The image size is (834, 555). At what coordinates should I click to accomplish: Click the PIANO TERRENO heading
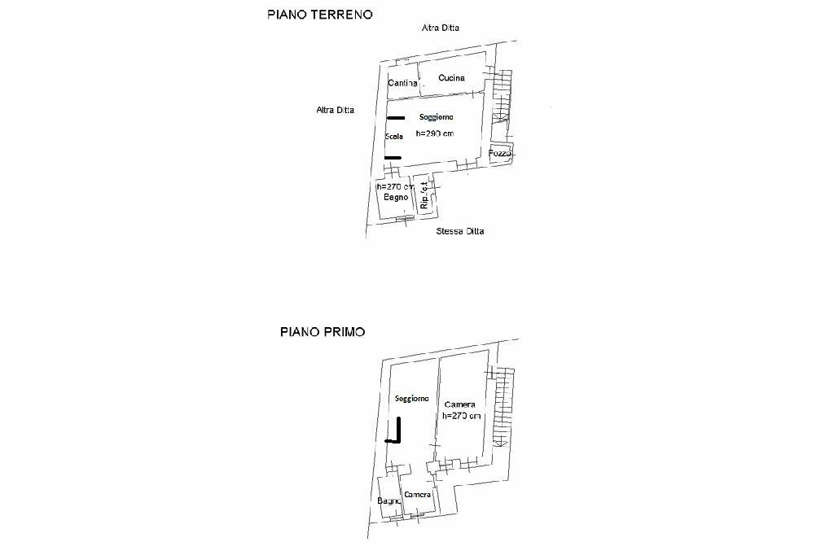pyautogui.click(x=320, y=15)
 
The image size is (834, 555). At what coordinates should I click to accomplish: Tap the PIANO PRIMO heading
pyautogui.click(x=323, y=332)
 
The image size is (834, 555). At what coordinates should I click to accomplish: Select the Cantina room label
pyautogui.click(x=403, y=83)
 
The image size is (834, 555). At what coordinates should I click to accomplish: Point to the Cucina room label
pyautogui.click(x=451, y=78)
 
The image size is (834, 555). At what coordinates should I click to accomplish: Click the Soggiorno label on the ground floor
pyautogui.click(x=437, y=117)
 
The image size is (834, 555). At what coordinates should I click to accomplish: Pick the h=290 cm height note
pyautogui.click(x=435, y=133)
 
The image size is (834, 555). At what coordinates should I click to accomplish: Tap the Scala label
pyautogui.click(x=394, y=137)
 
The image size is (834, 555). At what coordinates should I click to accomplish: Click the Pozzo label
pyautogui.click(x=500, y=154)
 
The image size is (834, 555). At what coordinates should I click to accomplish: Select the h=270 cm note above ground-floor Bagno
pyautogui.click(x=395, y=186)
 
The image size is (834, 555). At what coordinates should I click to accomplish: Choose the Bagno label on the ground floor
pyautogui.click(x=395, y=198)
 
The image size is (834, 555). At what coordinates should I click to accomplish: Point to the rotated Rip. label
pyautogui.click(x=425, y=198)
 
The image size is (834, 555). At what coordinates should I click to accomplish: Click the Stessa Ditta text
pyautogui.click(x=460, y=231)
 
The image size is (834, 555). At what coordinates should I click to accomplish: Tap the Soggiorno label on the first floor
pyautogui.click(x=412, y=399)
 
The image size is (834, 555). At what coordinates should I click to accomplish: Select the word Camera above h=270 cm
pyautogui.click(x=460, y=404)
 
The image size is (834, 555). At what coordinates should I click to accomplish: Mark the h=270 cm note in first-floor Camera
pyautogui.click(x=462, y=416)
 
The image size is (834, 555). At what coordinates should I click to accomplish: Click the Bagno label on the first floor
pyautogui.click(x=389, y=500)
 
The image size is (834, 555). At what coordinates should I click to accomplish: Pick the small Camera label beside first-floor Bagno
pyautogui.click(x=417, y=495)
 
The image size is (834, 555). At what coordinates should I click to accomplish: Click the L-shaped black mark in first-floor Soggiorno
pyautogui.click(x=397, y=431)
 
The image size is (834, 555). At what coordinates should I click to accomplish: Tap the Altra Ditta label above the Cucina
pyautogui.click(x=441, y=28)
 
